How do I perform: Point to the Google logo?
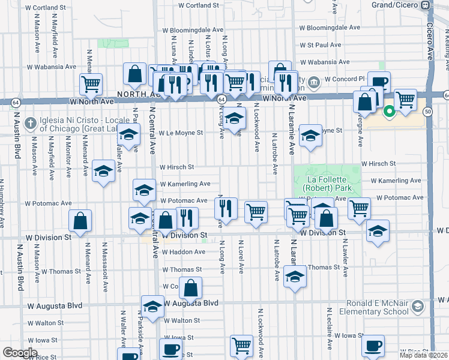pyautogui.click(x=20, y=353)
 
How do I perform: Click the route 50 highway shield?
pyautogui.click(x=428, y=112)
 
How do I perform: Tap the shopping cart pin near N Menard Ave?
pyautogui.click(x=91, y=83)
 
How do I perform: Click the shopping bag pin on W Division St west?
pyautogui.click(x=80, y=220)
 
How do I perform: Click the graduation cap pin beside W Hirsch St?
pyautogui.click(x=104, y=170)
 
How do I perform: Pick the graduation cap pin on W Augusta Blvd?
pyautogui.click(x=152, y=305)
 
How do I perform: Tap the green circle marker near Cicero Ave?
pyautogui.click(x=389, y=110)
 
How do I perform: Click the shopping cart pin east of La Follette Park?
pyautogui.click(x=359, y=208)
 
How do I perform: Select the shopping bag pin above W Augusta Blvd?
pyautogui.click(x=191, y=288)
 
